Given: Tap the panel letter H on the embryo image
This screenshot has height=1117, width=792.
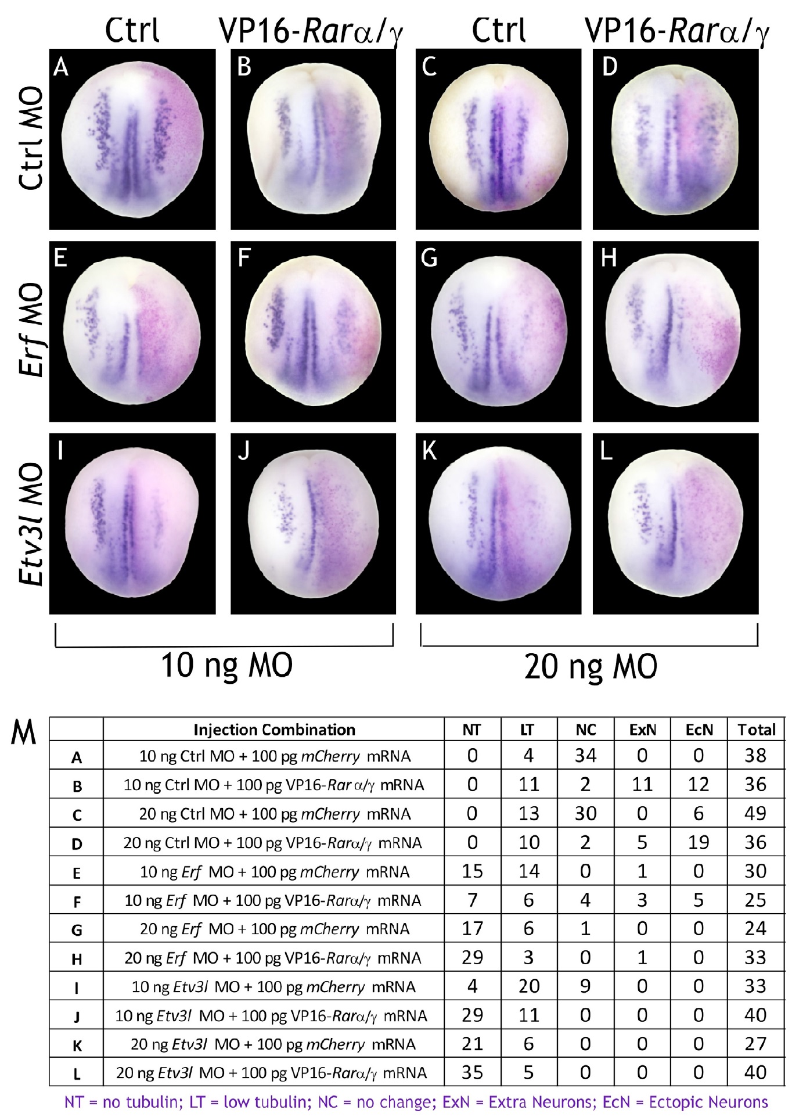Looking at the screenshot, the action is pos(609,257).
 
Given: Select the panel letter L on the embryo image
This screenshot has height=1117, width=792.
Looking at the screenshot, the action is pos(606,451).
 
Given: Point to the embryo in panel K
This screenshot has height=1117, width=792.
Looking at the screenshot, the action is pos(499,523).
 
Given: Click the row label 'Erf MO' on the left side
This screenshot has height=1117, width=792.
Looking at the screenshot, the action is pos(31,329).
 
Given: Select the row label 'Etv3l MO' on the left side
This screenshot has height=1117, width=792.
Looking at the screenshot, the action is pos(31,524).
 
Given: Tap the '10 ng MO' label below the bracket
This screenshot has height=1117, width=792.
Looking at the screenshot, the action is pos(226,665).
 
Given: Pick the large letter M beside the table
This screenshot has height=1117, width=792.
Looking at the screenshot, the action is pos(24,733).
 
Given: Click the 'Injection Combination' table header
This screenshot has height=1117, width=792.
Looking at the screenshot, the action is pos(274,730).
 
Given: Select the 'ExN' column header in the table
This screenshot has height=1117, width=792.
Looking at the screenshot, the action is pos(642,730).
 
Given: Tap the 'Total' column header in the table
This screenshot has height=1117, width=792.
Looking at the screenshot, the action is pos(756,730).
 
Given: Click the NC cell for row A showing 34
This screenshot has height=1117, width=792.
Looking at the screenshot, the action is pos(585,755).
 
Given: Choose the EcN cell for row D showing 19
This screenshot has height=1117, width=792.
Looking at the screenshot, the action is pos(699,842).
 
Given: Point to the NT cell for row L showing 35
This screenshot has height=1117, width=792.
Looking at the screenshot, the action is pos(472,1072).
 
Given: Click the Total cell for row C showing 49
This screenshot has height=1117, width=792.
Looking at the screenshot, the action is pos(755,813).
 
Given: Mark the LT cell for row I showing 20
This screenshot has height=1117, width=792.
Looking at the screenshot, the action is pos(529,986).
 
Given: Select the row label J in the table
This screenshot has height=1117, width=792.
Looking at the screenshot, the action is pos(76,1017).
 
